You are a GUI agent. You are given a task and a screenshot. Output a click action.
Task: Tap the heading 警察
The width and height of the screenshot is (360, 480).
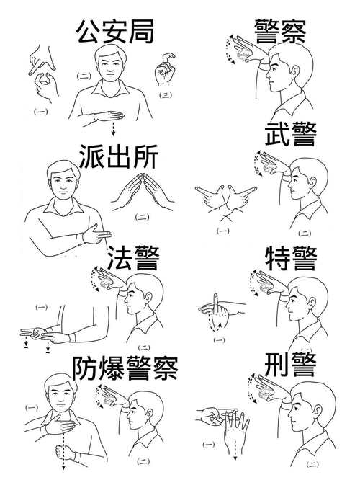click(x=281, y=32)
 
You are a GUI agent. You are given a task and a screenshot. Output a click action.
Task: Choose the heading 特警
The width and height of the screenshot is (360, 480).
click(x=290, y=259)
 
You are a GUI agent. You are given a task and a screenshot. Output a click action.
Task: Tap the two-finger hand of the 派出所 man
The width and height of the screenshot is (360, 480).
click(x=94, y=234)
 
